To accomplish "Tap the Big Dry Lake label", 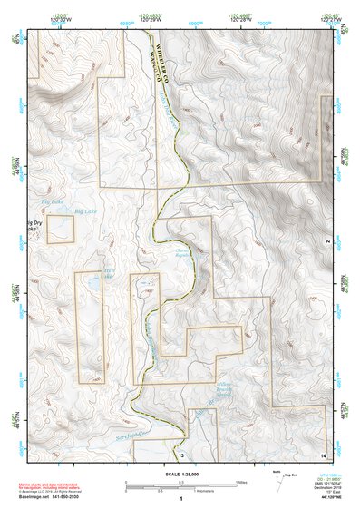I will click(34, 226).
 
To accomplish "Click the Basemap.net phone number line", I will click(44, 497).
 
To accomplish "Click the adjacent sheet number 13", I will click(180, 453).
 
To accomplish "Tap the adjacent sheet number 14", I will click(324, 453).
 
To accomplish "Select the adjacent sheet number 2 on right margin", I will click(327, 240).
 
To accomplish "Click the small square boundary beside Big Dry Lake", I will click(60, 229).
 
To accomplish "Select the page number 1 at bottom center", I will click(180, 499).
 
